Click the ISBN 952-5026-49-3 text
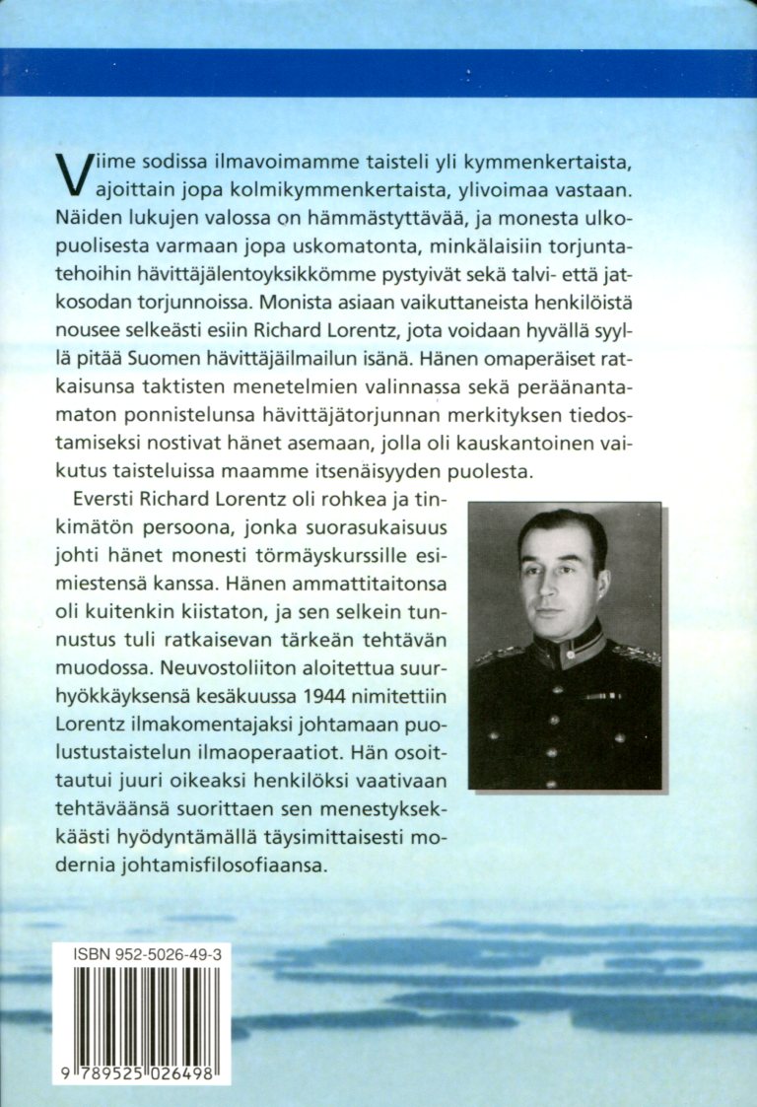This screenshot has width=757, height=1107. (146, 956)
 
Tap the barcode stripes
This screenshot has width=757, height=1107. (146, 1015)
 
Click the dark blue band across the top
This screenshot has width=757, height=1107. (378, 72)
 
